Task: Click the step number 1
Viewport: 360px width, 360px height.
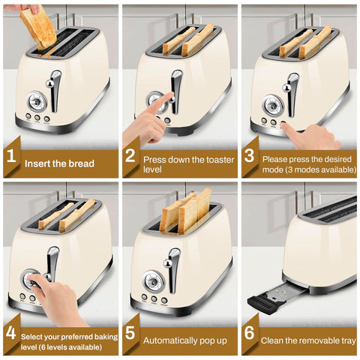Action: [11, 157]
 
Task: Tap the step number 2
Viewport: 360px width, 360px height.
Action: [130, 157]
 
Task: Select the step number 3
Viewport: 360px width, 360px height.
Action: [250, 157]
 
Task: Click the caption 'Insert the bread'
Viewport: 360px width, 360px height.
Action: [59, 163]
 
